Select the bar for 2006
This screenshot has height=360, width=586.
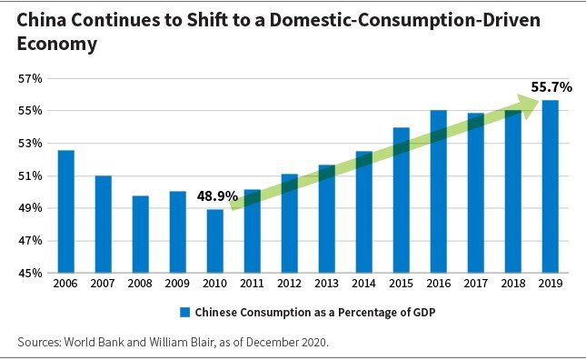point(66,212)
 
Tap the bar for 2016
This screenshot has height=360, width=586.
point(438,192)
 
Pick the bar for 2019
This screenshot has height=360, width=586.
point(550,186)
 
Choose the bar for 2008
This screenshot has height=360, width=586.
point(141,235)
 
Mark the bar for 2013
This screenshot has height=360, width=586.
point(326,219)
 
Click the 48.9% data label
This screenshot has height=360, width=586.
point(217,196)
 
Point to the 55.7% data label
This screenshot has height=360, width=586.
point(551,87)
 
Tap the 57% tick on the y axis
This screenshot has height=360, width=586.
point(31,79)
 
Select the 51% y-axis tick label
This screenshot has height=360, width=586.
point(31,176)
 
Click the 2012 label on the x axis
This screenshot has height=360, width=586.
point(289,285)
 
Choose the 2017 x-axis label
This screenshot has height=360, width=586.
point(475,285)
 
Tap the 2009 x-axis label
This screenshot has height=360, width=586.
point(178,285)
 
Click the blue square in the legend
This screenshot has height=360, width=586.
point(184,312)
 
